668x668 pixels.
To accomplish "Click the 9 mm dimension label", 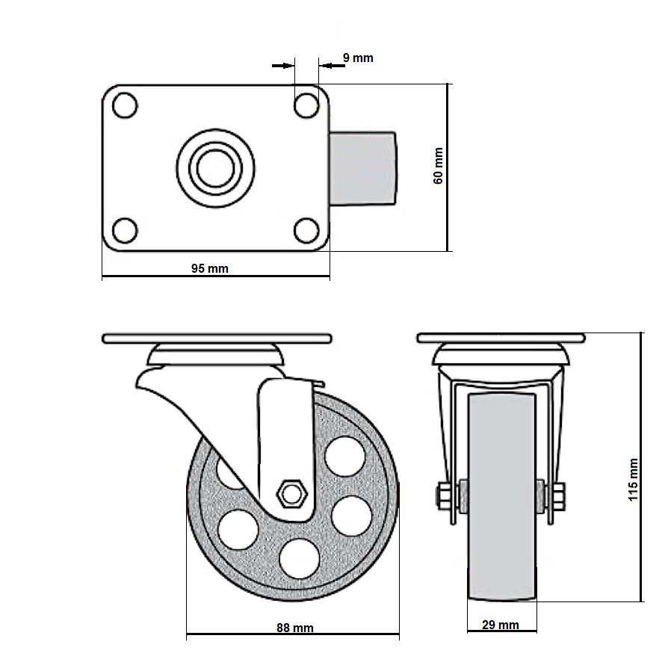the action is (358, 58).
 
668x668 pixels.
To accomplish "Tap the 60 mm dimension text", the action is (438, 166).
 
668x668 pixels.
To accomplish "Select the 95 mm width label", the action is (210, 269).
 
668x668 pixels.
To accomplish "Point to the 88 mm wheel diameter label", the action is (295, 628).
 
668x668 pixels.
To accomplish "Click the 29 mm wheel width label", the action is (501, 625).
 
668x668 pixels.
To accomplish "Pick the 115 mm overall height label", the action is (634, 480).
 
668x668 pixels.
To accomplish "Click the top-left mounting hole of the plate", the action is (125, 105).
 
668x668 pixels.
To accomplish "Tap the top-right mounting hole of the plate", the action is (306, 105).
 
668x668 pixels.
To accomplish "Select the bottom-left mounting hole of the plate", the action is (125, 230).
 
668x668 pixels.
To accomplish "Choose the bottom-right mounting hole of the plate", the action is (306, 230).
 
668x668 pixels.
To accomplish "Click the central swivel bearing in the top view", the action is (215, 168).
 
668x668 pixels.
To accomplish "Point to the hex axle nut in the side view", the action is (292, 495).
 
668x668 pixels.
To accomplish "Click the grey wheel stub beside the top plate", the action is (363, 168).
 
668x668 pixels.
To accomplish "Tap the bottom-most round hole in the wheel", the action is (300, 559).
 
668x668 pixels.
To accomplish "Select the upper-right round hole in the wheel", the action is (345, 457).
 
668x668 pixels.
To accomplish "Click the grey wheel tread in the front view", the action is (502, 497).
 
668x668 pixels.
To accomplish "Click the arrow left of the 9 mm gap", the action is (283, 66).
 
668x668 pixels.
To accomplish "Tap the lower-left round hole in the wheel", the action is (238, 530).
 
